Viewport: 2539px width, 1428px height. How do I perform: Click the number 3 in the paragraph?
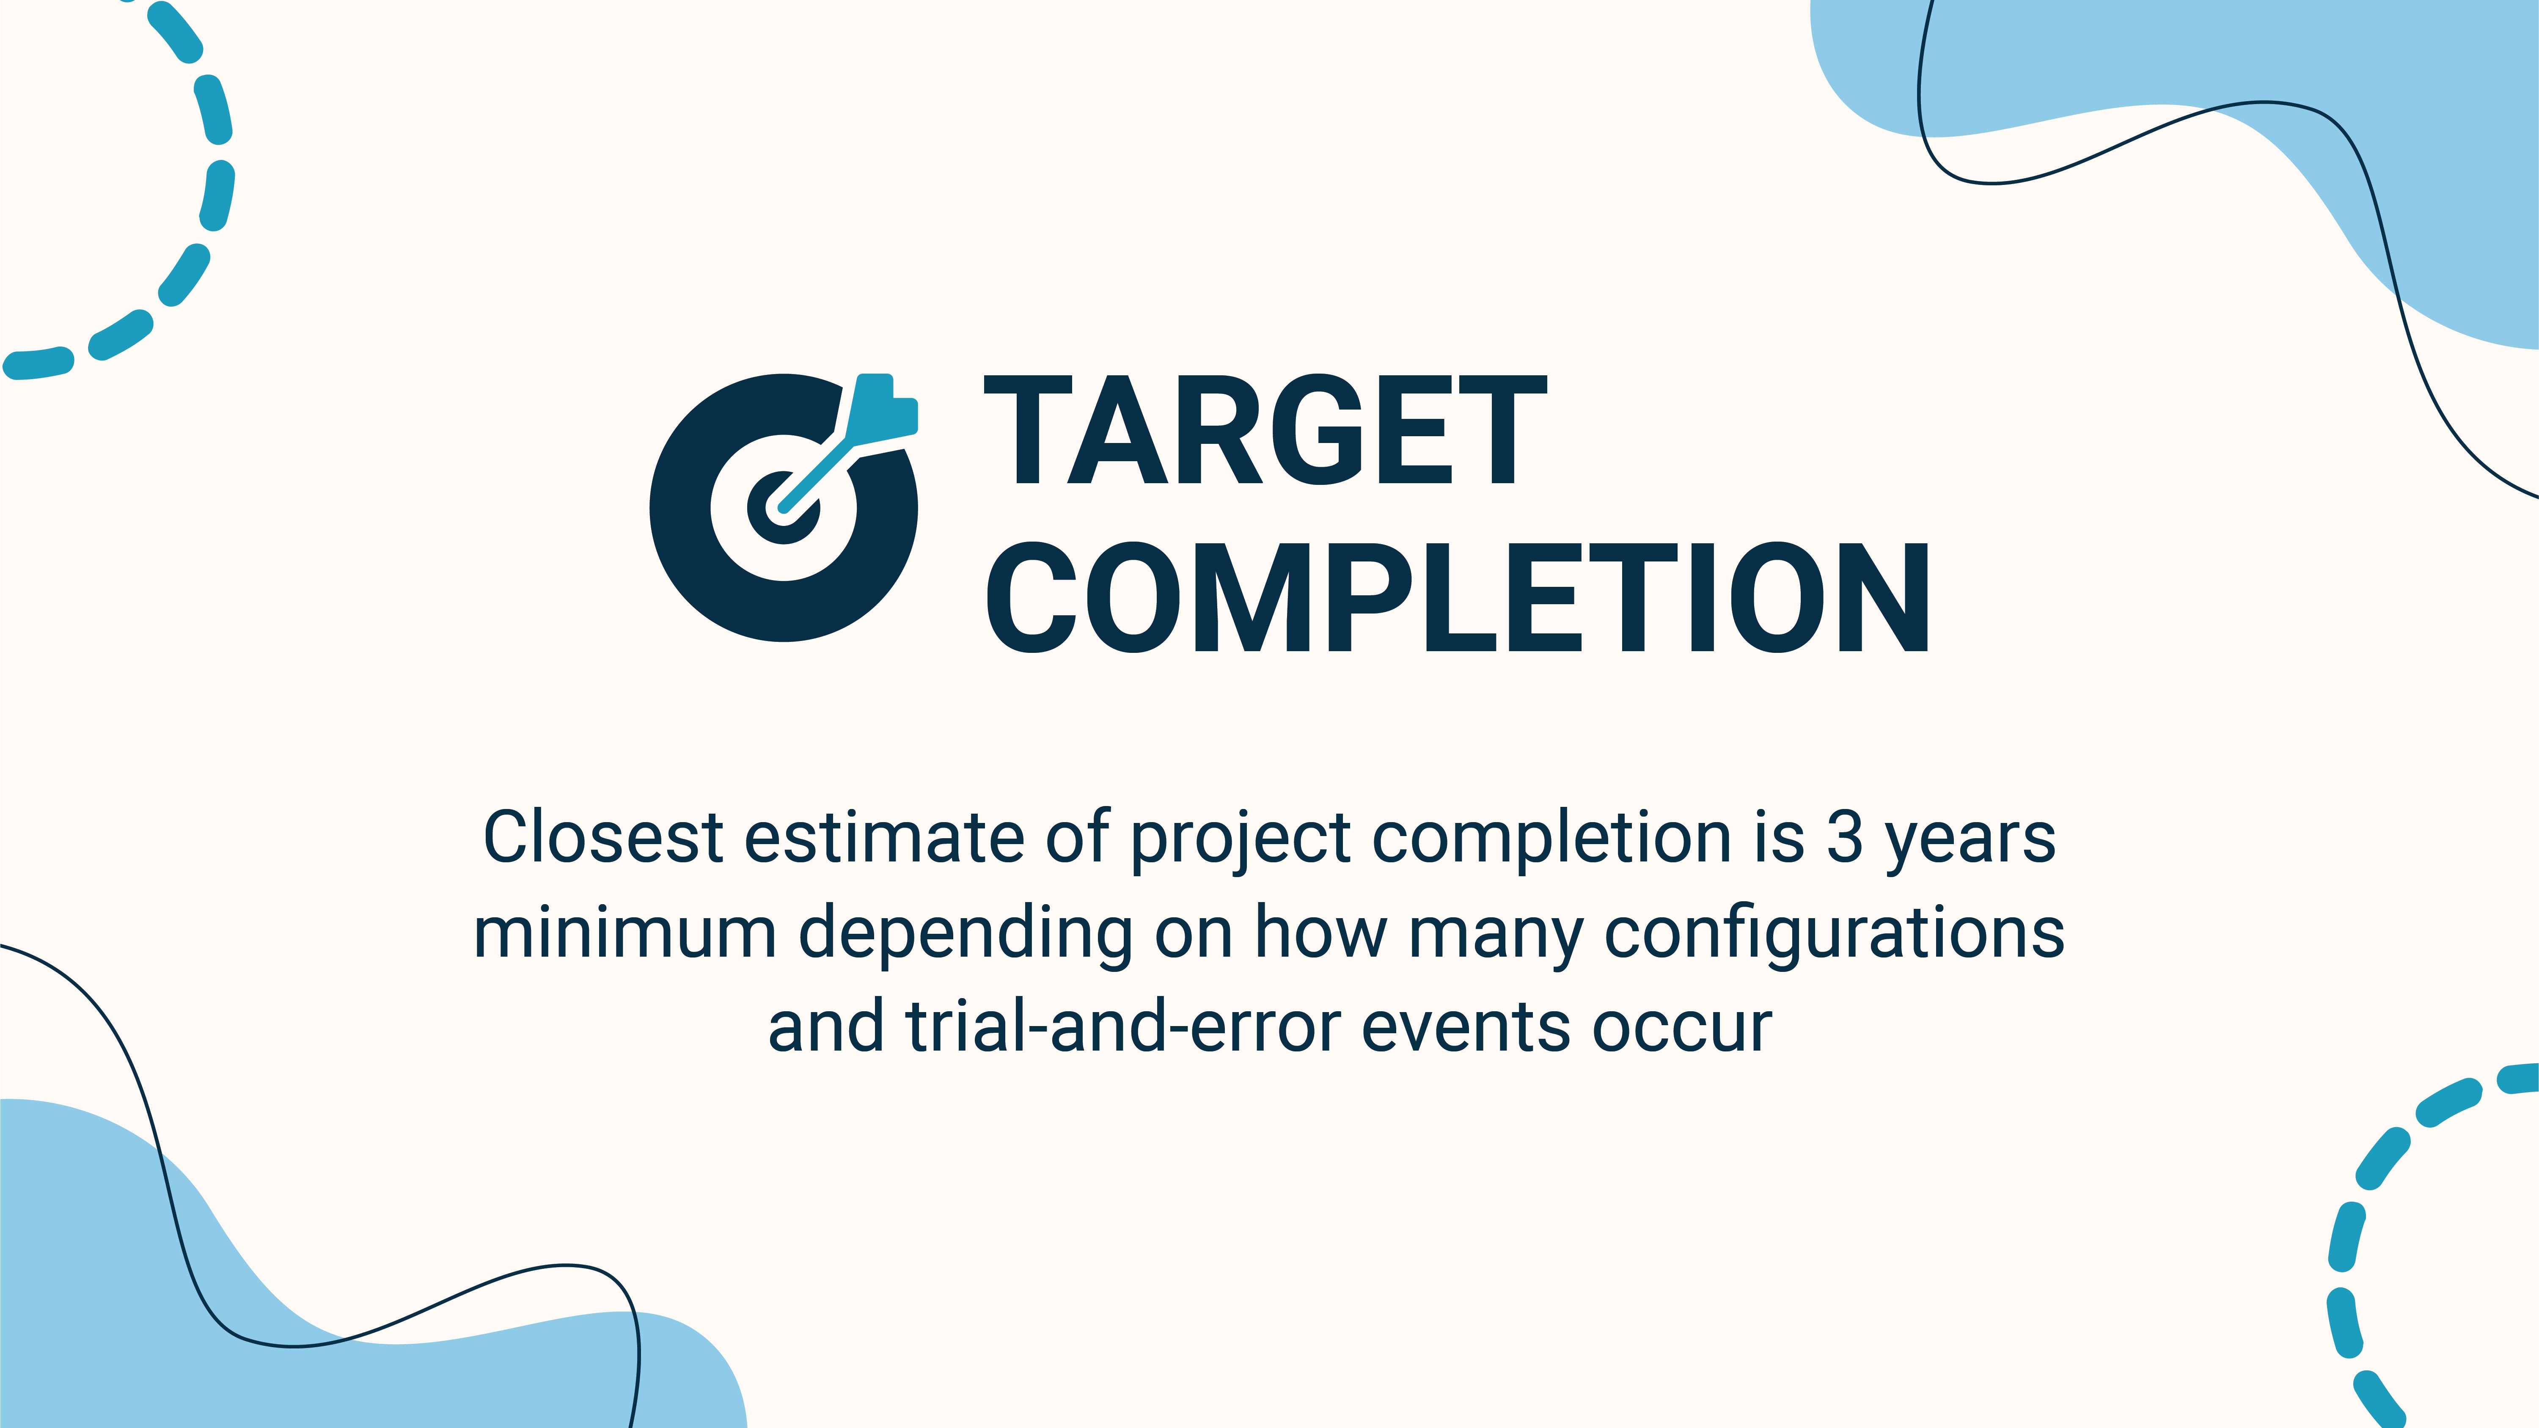1844,838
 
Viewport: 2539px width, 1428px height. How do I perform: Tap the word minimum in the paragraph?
625,932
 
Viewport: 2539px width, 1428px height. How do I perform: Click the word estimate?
884,838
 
